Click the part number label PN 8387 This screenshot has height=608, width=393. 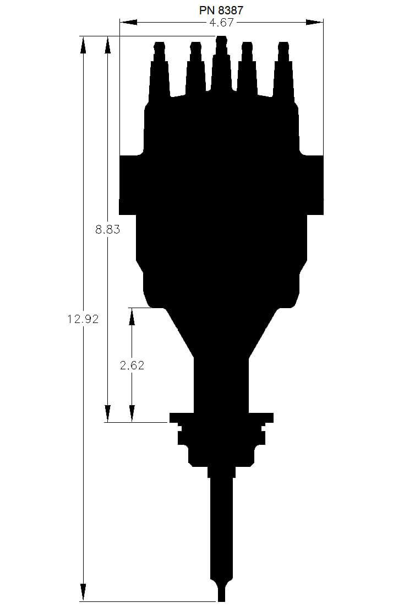point(221,10)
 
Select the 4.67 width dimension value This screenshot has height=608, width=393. point(221,23)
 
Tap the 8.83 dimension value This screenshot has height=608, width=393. point(107,230)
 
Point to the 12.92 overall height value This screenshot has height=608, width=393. point(83,319)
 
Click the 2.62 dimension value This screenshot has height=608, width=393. point(132,365)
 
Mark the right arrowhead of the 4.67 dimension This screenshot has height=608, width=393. point(315,23)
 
